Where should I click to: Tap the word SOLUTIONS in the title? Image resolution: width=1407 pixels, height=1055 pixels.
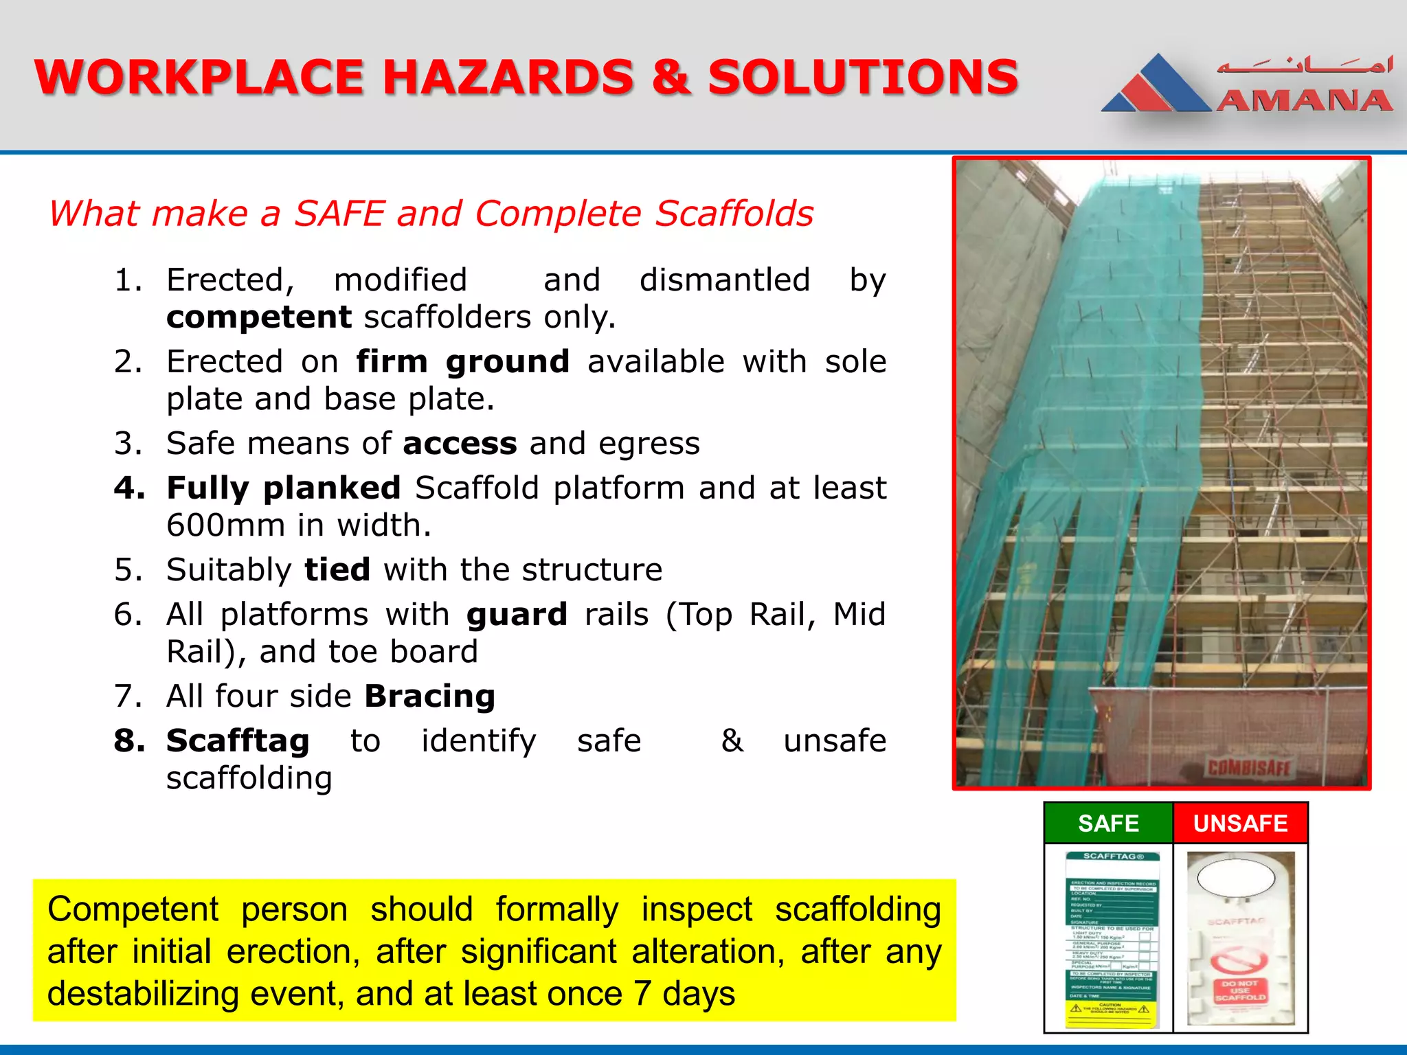863,77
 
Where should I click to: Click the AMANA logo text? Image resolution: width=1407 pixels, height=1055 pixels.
1304,101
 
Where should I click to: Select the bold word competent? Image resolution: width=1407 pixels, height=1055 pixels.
259,317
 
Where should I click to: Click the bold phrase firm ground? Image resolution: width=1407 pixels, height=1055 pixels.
462,361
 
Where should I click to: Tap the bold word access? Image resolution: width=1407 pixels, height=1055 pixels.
460,444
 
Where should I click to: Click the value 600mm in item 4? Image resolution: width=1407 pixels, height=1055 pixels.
225,525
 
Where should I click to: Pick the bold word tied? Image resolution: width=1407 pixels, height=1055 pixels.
337,570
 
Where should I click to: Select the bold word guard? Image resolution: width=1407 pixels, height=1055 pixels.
517,615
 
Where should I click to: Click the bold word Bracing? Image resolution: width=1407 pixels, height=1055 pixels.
430,696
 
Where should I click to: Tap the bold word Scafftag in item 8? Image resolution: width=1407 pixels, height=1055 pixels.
238,741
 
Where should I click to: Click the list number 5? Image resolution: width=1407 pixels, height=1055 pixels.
128,570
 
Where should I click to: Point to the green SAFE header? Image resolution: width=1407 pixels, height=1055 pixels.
1108,823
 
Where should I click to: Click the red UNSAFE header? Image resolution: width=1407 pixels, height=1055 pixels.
1240,823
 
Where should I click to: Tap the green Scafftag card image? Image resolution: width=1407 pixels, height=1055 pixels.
1112,939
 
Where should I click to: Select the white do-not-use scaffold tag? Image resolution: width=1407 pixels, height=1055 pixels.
1240,939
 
